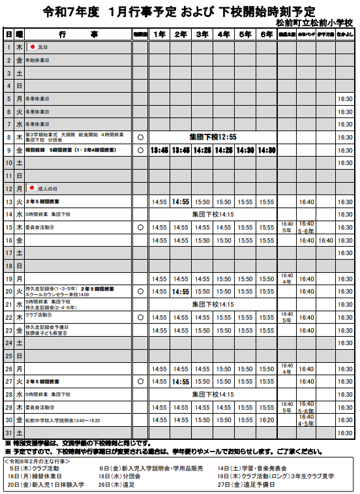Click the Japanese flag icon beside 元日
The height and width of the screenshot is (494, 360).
tap(31, 47)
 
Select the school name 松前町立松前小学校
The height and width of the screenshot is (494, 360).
tap(314, 22)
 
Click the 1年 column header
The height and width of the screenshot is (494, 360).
tap(159, 33)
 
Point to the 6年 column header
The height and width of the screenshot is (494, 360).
tap(266, 33)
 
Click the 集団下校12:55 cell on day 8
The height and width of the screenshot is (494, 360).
tap(213, 137)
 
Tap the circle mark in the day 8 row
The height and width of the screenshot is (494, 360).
tap(140, 137)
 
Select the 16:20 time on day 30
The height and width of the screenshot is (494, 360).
tap(266, 420)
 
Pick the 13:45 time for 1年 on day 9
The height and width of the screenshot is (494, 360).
tap(159, 150)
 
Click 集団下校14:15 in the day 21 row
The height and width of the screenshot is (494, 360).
tap(213, 305)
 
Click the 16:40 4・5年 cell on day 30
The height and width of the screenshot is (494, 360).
tap(307, 420)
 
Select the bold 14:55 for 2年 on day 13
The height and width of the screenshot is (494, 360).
tap(181, 202)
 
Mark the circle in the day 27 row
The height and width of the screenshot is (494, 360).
tap(140, 381)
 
